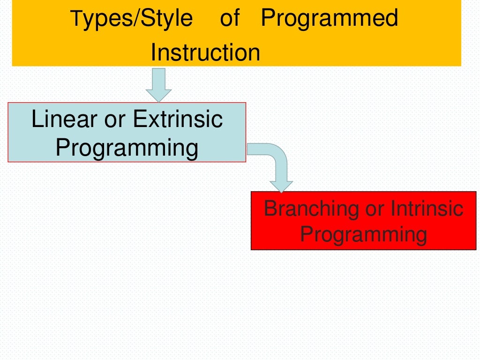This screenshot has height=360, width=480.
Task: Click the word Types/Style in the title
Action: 132,19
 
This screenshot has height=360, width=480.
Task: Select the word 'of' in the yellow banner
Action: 229,18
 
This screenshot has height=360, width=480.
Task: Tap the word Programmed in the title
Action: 329,19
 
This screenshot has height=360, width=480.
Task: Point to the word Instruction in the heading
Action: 205,52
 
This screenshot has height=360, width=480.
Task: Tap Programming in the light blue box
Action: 127,148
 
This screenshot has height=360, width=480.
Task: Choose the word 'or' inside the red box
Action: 375,209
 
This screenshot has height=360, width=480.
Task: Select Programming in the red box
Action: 363,234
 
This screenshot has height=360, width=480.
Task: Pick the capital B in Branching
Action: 270,208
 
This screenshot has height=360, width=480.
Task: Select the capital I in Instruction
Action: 153,52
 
